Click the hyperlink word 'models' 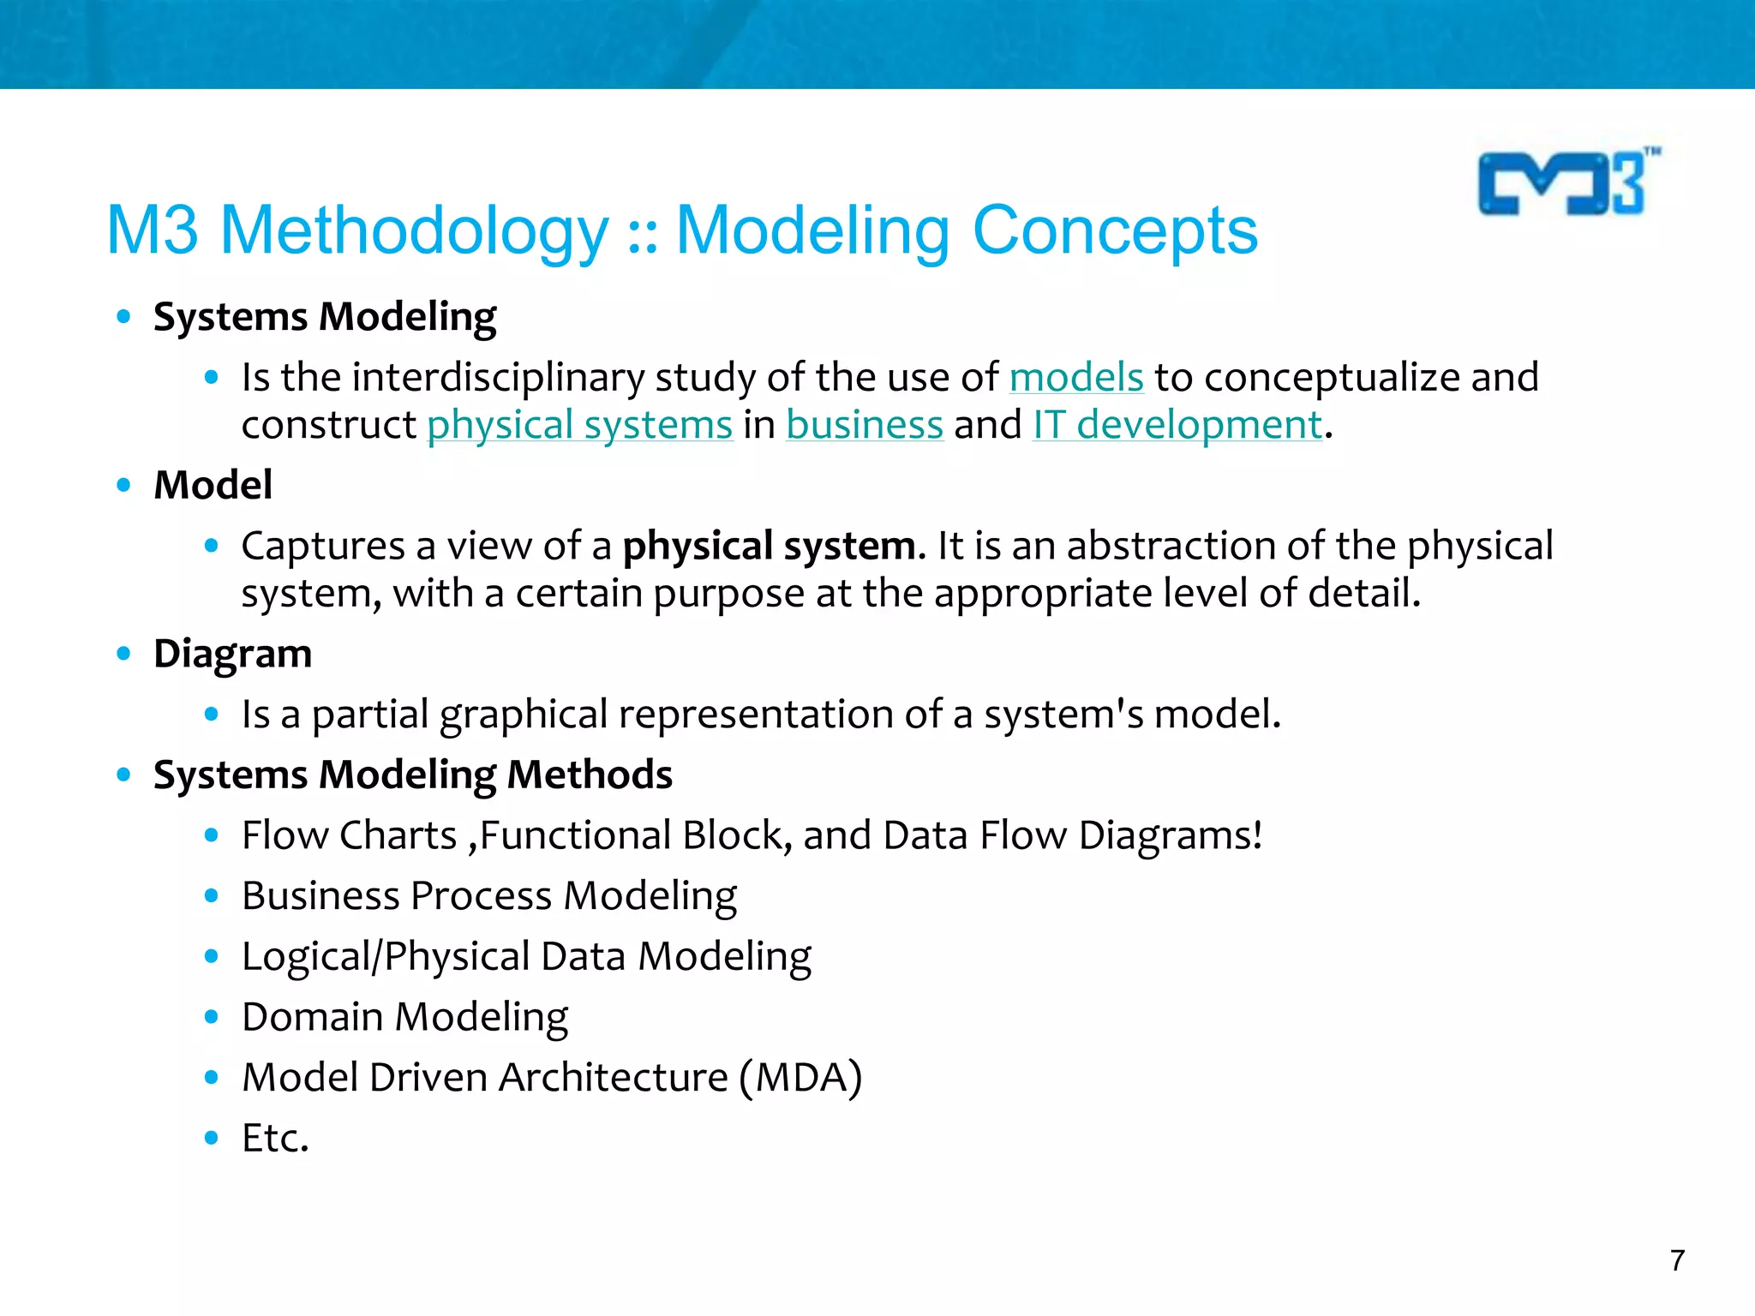click(1076, 378)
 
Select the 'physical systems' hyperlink click(580, 426)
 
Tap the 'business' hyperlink click(865, 426)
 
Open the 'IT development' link click(1177, 426)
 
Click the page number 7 click(1677, 1260)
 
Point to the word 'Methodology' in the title click(414, 231)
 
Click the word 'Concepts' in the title click(1115, 231)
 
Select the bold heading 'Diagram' click(232, 655)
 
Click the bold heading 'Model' click(213, 486)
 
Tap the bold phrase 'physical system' click(769, 547)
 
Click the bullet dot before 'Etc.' click(212, 1138)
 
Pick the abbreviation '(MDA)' click(801, 1078)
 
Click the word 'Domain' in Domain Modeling click(312, 1018)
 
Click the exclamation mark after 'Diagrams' click(1257, 835)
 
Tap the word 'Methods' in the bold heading click(590, 775)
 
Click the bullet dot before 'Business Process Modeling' click(212, 896)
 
